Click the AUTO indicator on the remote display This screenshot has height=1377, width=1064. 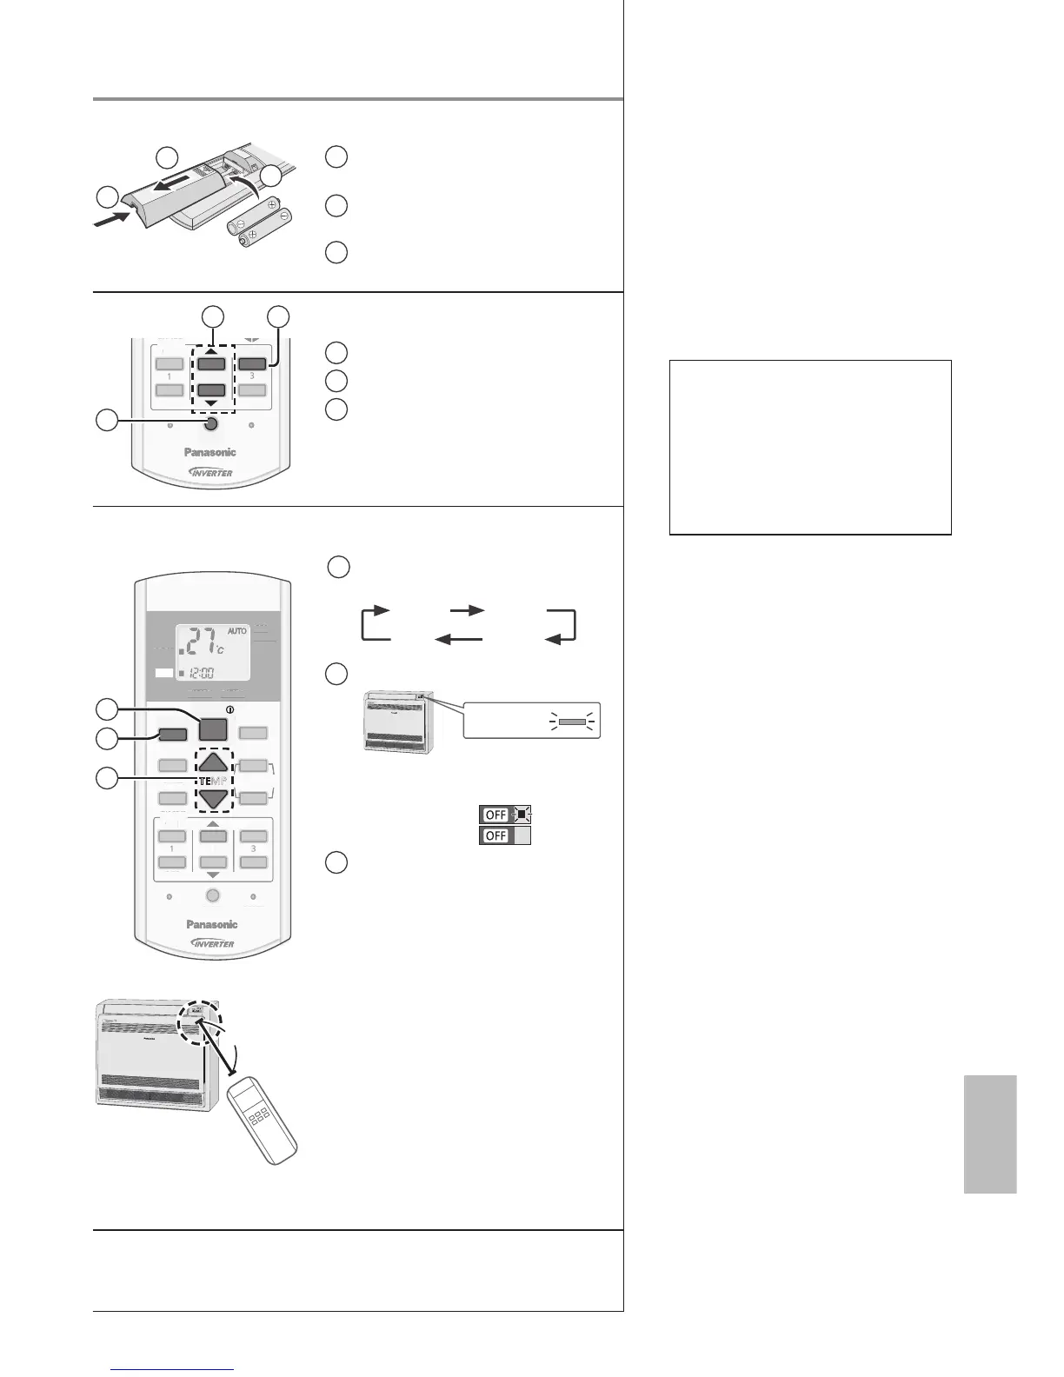tap(237, 631)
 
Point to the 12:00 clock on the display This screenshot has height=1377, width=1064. tap(209, 672)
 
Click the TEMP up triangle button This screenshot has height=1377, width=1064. tap(213, 762)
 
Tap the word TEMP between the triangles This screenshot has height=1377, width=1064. tap(212, 781)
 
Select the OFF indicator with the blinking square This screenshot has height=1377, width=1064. tap(505, 815)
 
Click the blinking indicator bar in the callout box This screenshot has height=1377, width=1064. tap(572, 722)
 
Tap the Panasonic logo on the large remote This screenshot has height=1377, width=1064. tap(212, 924)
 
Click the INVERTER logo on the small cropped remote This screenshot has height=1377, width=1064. tap(210, 472)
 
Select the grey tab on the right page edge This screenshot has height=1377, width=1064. tap(990, 1134)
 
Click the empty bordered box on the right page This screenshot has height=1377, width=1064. tap(810, 447)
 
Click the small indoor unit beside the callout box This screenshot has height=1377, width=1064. tap(398, 722)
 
